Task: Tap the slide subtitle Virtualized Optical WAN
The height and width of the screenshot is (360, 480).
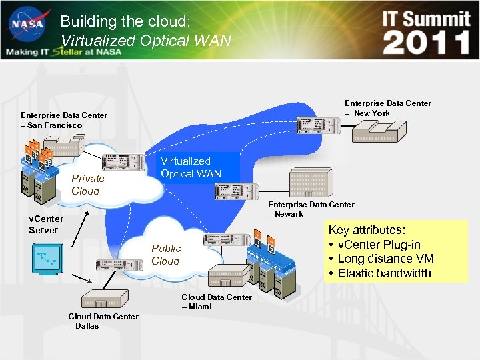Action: coord(145,41)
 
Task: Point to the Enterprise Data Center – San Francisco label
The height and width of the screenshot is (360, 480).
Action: coord(63,120)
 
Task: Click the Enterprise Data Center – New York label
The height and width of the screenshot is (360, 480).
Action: coord(387,108)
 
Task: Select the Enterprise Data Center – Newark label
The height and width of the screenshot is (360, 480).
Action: coord(311,209)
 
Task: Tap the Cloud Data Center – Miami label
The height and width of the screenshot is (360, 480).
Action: coord(217,301)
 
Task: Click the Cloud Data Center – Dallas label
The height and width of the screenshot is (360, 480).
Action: coord(103,321)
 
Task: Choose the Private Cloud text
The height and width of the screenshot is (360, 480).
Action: coord(88,184)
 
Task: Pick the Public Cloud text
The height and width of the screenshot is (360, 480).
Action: coord(165,254)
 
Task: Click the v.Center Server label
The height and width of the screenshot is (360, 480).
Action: coord(46,224)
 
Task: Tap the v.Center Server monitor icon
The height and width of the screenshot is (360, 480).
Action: coord(47,258)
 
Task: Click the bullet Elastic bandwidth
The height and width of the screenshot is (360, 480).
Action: coord(384,273)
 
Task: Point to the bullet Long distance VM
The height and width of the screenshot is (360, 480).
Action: coord(385,259)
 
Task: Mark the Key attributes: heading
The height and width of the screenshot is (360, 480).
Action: coord(367,230)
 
